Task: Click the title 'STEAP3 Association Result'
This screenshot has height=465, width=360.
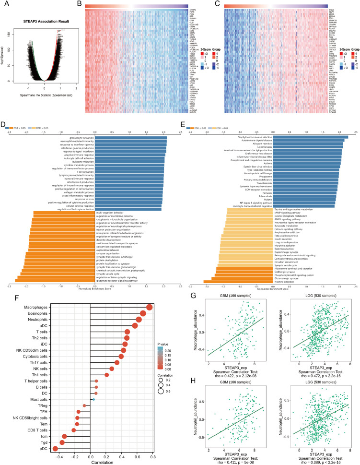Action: point(45,22)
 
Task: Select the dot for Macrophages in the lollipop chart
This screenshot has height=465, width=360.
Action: point(150,308)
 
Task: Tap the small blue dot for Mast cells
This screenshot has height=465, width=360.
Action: point(94,399)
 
